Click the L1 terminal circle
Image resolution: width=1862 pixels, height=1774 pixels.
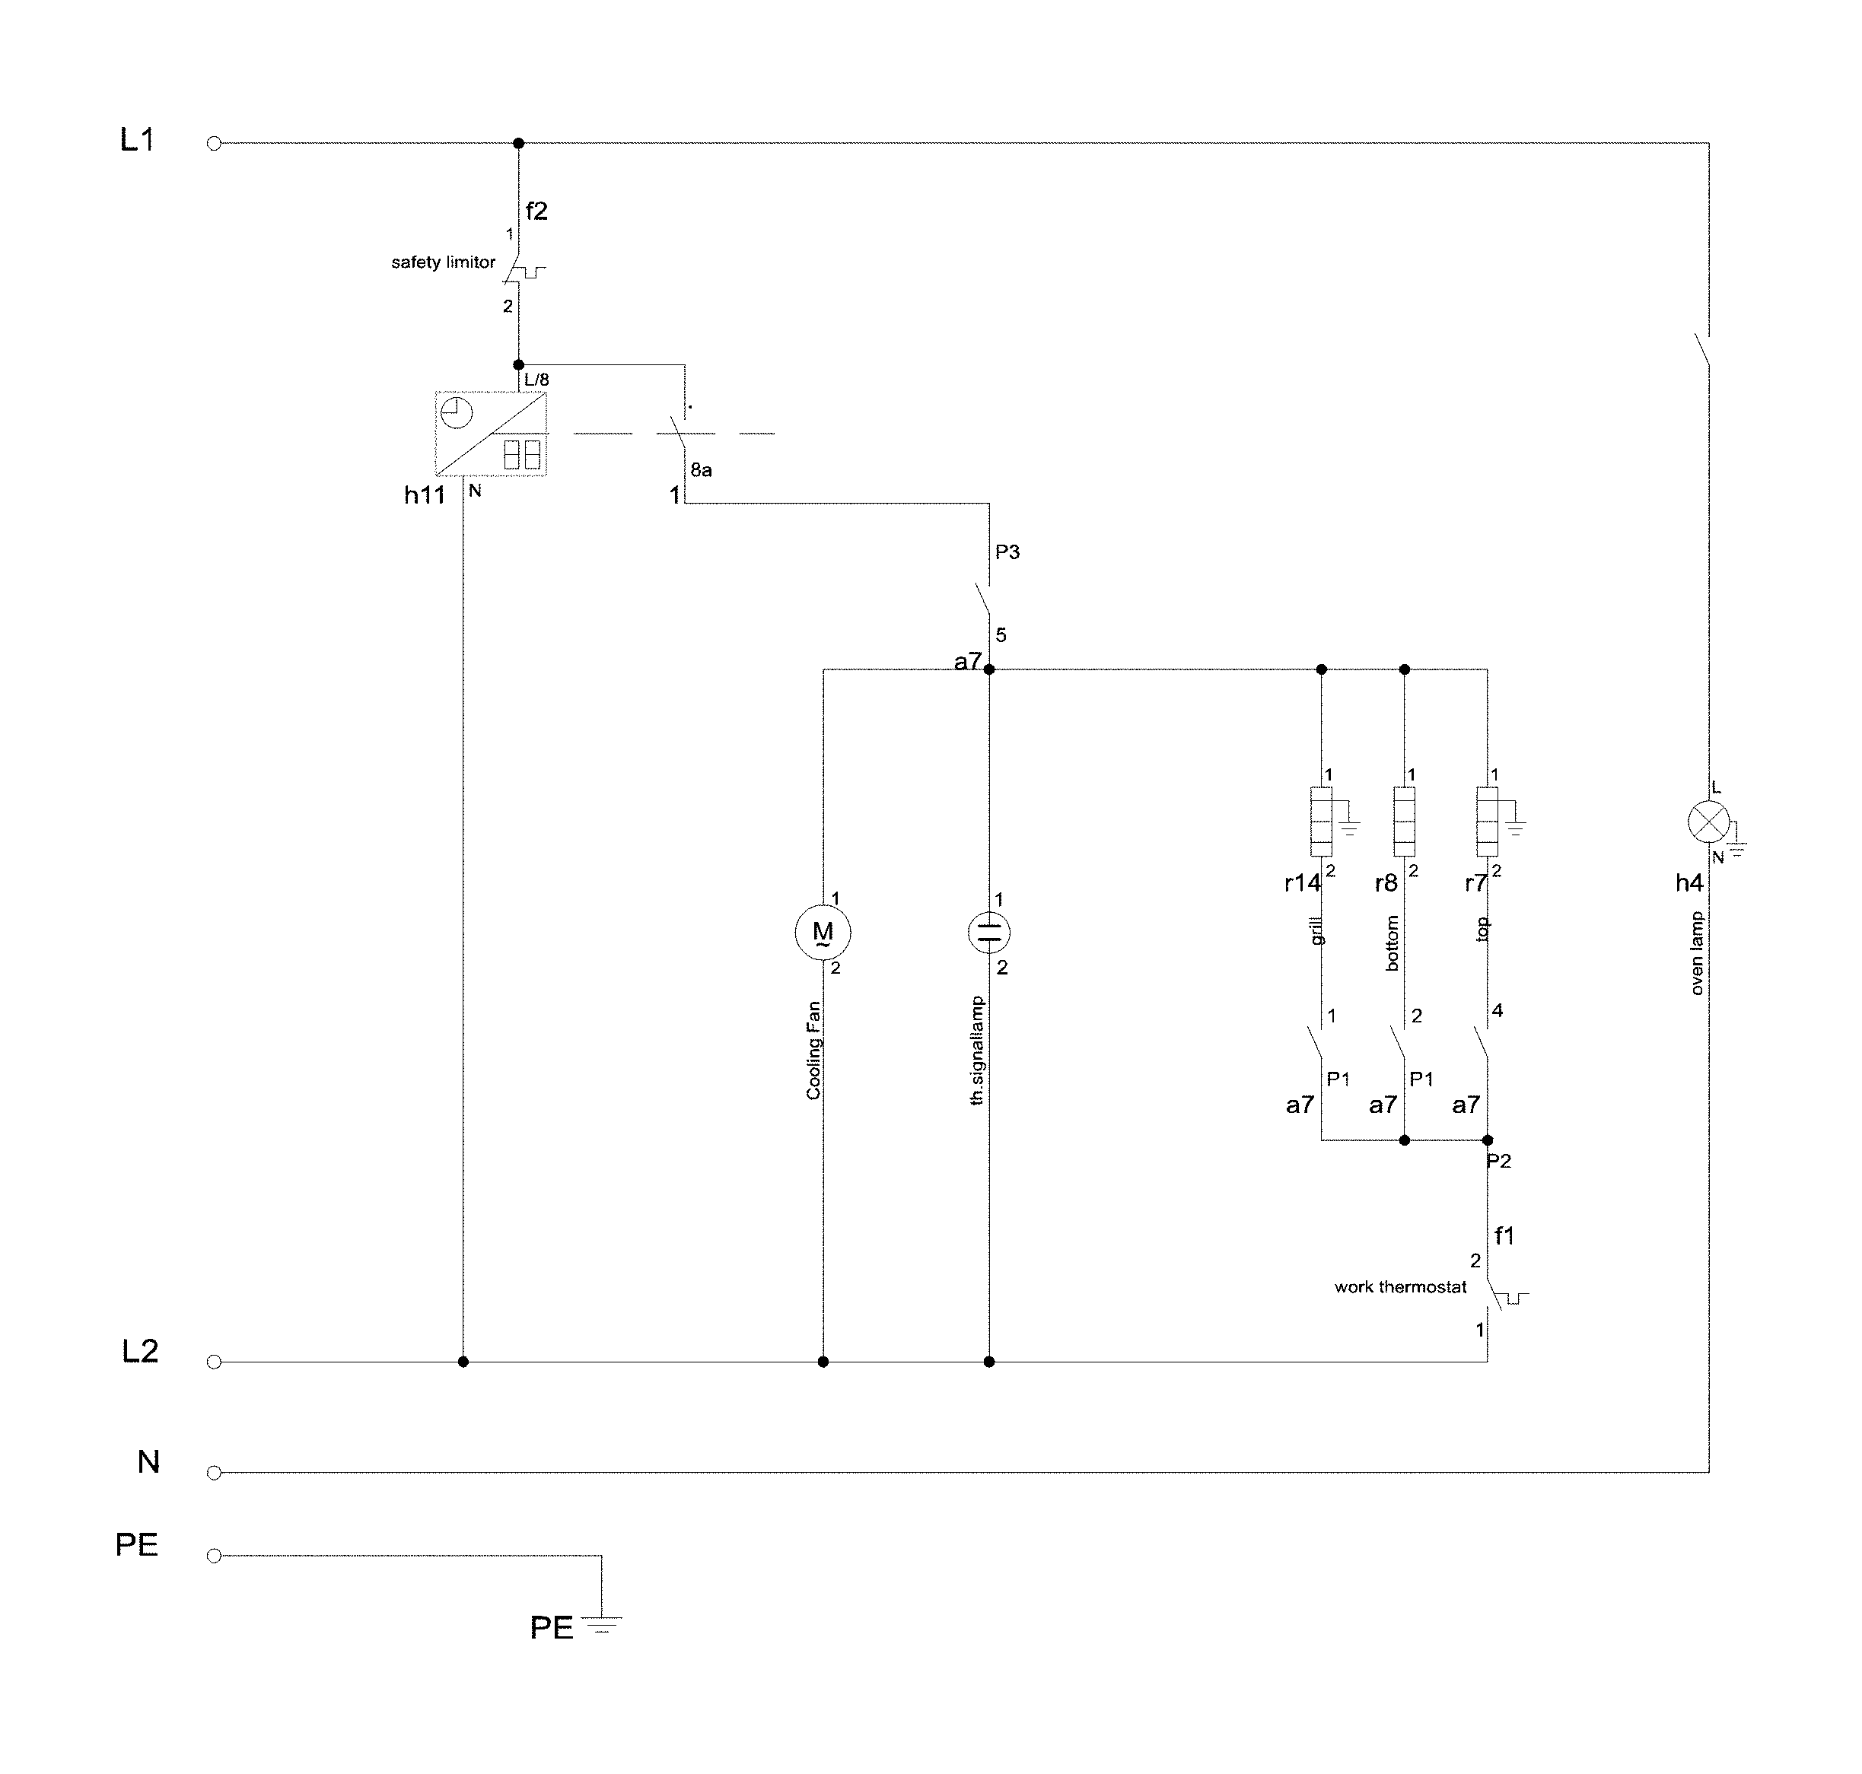(214, 144)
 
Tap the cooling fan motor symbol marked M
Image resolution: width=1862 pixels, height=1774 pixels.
(822, 933)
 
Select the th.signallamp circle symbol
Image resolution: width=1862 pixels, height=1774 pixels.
(989, 933)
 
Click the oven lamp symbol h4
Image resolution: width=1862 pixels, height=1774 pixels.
(1708, 822)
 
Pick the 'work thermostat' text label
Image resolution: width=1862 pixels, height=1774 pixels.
(1399, 1287)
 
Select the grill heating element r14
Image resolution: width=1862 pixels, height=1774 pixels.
(1321, 820)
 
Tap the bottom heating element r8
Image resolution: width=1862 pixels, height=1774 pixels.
(1405, 820)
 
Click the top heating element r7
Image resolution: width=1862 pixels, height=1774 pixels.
(1487, 820)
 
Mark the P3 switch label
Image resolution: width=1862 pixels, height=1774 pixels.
(1007, 552)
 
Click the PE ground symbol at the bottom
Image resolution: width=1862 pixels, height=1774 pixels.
(601, 1626)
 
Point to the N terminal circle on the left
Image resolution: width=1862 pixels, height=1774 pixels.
(214, 1472)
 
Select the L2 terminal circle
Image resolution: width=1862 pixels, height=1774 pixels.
(214, 1362)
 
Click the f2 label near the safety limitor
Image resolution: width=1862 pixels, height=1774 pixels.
(536, 211)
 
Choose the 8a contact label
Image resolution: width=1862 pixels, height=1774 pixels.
(701, 470)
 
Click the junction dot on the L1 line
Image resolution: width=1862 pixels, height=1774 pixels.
(518, 144)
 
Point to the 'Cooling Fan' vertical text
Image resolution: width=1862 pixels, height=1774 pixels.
(813, 1051)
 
